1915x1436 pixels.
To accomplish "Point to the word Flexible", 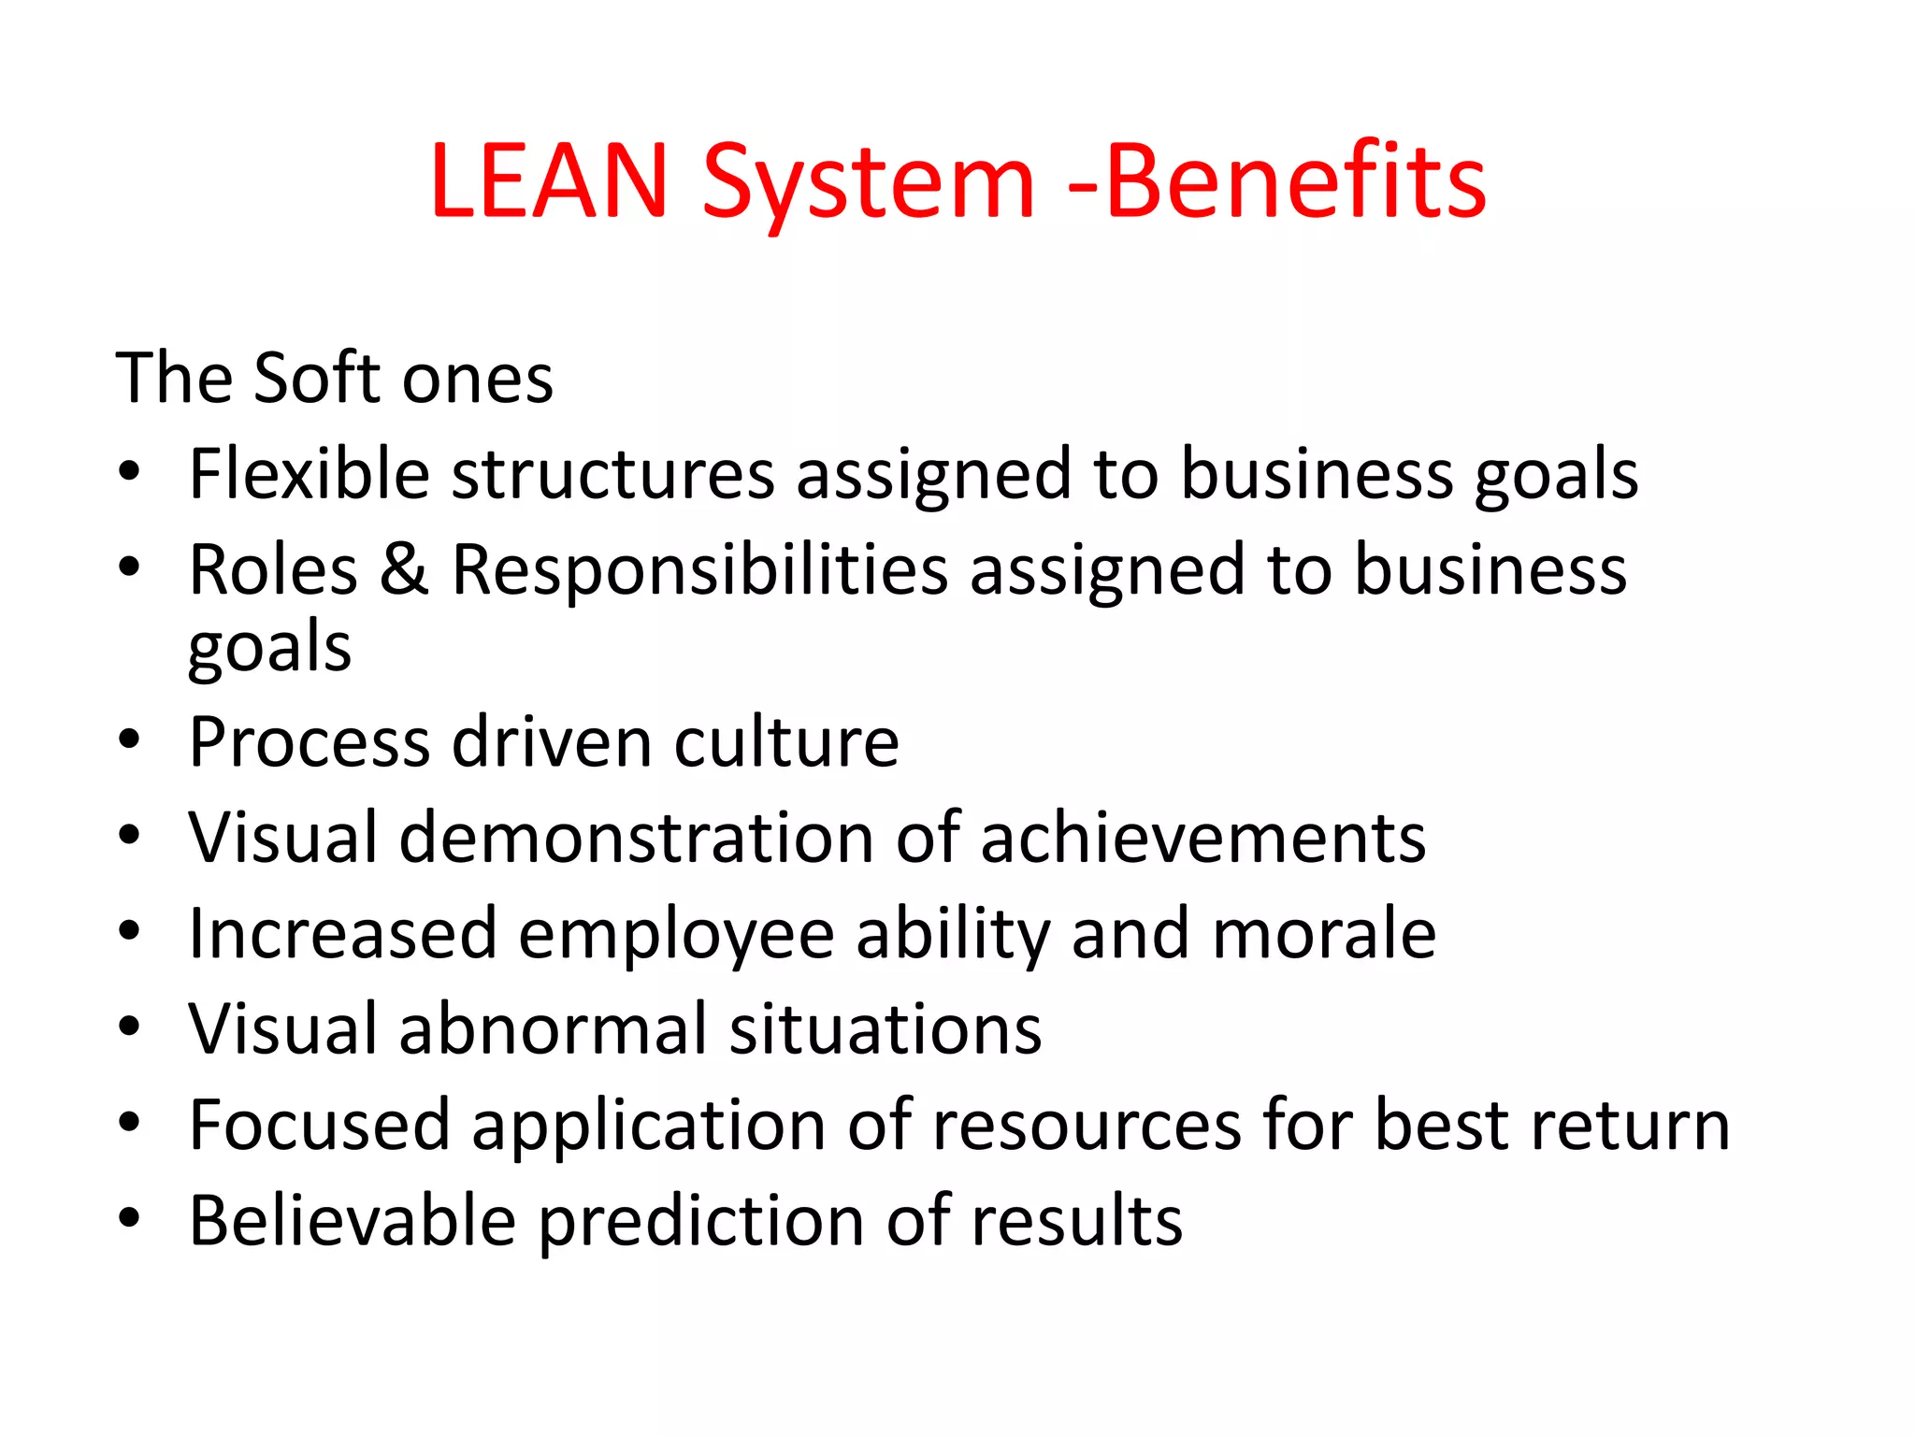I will (310, 474).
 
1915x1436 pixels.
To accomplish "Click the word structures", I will (613, 475).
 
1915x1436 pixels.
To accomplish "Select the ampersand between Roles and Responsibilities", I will (404, 569).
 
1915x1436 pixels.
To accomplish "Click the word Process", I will (310, 742).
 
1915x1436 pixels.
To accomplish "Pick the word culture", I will (786, 742).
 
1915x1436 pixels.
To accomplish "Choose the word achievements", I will (1203, 838).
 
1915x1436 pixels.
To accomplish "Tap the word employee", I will (676, 935).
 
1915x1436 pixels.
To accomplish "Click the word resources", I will (1087, 1126).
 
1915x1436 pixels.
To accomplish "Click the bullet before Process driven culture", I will (129, 740).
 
